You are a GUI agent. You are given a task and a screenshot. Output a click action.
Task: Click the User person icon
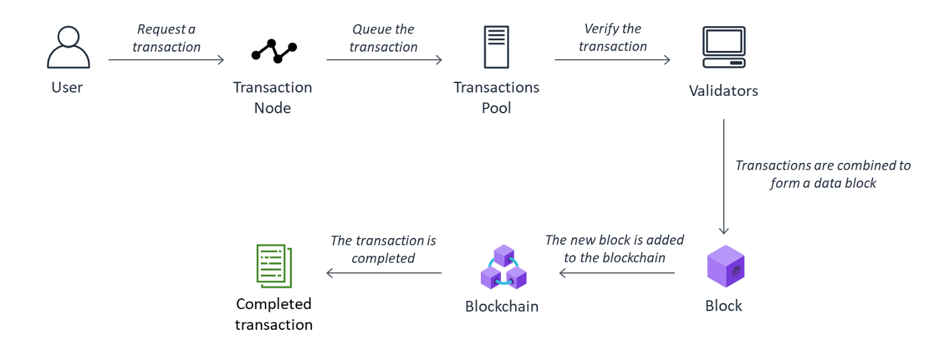pyautogui.click(x=68, y=48)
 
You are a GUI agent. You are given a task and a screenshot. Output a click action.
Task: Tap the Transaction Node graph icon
pyautogui.click(x=274, y=51)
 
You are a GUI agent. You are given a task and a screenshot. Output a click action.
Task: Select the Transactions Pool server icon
pyautogui.click(x=496, y=47)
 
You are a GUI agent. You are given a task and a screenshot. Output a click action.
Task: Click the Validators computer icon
pyautogui.click(x=724, y=47)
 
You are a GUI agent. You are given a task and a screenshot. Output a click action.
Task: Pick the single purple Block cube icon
pyautogui.click(x=726, y=266)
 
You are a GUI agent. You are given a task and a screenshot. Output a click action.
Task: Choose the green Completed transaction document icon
pyautogui.click(x=274, y=266)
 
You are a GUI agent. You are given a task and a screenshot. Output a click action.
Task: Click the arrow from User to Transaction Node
pyautogui.click(x=166, y=60)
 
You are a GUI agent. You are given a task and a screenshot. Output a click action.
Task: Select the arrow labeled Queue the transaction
pyautogui.click(x=384, y=60)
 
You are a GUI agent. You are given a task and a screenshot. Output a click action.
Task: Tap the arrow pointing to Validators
pyautogui.click(x=612, y=60)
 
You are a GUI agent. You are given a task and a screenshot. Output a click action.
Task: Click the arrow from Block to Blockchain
pyautogui.click(x=616, y=273)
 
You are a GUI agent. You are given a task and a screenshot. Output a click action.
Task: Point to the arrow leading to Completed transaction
pyautogui.click(x=384, y=273)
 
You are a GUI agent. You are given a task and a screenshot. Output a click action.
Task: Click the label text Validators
pyautogui.click(x=724, y=91)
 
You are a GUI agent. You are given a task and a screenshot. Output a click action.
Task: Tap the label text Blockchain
pyautogui.click(x=502, y=307)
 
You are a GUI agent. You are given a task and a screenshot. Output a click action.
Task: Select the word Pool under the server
pyautogui.click(x=496, y=108)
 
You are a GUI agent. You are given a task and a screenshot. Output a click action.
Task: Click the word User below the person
pyautogui.click(x=67, y=87)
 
